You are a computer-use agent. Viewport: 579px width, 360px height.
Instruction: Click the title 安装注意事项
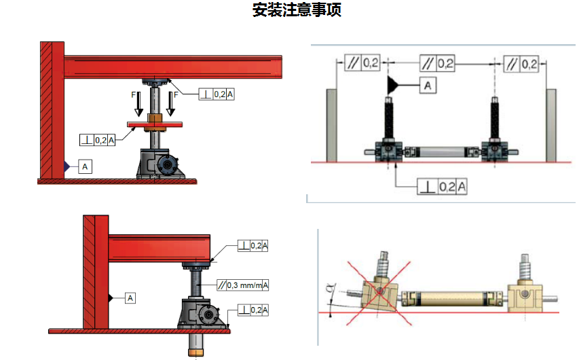pyautogui.click(x=297, y=10)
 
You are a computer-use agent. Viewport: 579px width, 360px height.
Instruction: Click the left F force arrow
pyautogui.click(x=139, y=104)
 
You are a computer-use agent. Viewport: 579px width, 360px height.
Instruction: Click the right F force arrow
pyautogui.click(x=170, y=104)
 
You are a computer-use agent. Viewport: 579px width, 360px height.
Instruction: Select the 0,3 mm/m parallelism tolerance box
pyautogui.click(x=242, y=285)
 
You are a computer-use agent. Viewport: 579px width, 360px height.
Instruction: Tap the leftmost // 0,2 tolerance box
pyautogui.click(x=362, y=63)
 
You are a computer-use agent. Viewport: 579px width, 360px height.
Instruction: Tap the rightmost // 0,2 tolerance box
pyautogui.click(x=521, y=64)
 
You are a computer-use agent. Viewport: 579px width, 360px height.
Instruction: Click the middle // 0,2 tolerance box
pyautogui.click(x=437, y=63)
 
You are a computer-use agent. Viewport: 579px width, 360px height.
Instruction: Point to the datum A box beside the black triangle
pyautogui.click(x=428, y=86)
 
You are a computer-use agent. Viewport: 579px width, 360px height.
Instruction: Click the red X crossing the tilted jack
pyautogui.click(x=379, y=293)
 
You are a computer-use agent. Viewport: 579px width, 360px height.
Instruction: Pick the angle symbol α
pyautogui.click(x=331, y=288)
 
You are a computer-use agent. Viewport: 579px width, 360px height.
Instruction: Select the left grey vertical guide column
pyautogui.click(x=331, y=125)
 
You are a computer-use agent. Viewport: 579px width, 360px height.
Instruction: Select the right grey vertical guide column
pyautogui.click(x=551, y=125)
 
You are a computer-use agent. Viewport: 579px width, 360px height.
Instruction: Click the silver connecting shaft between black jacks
pyautogui.click(x=442, y=152)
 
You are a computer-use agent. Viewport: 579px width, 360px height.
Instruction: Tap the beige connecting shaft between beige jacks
pyautogui.click(x=451, y=299)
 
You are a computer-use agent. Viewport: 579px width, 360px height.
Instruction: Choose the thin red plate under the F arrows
pyautogui.click(x=155, y=124)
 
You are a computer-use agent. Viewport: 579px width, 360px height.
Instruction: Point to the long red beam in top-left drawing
pyautogui.click(x=173, y=67)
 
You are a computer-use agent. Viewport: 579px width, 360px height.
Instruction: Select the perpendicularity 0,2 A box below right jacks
pyautogui.click(x=442, y=187)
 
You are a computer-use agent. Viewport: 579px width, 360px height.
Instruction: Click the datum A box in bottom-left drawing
pyautogui.click(x=130, y=298)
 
